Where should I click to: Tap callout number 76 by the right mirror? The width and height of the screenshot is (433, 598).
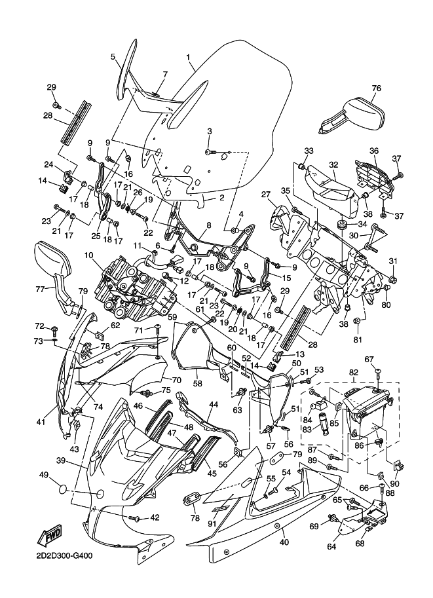[x=376, y=89]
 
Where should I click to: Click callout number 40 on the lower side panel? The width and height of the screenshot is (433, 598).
[x=284, y=541]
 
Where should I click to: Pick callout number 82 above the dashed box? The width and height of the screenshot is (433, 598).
[x=354, y=372]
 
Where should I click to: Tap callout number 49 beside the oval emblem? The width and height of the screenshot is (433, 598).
[x=44, y=475]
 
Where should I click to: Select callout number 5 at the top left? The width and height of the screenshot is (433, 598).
[x=113, y=57]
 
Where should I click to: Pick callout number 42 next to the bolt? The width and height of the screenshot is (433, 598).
[x=155, y=517]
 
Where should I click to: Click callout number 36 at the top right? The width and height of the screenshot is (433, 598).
[x=374, y=150]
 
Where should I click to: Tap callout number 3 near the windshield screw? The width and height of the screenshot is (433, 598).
[x=209, y=132]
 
